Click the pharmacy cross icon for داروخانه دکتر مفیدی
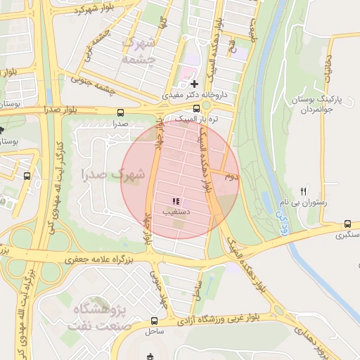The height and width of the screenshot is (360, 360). pos(195,84)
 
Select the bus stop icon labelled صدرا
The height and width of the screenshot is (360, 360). pos(120,112)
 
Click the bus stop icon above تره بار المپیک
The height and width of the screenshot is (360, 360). pos(196,108)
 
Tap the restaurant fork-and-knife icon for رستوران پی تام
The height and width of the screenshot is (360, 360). pos(304,191)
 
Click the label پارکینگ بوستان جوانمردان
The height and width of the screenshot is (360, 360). pos(324,105)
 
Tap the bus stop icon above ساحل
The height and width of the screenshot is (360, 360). pos(154,321)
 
